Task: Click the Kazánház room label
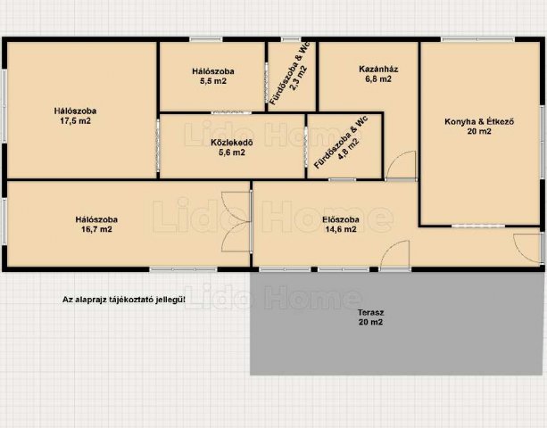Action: pyautogui.click(x=378, y=69)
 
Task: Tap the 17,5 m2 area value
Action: pyautogui.click(x=75, y=121)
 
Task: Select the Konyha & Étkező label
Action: pyautogui.click(x=479, y=121)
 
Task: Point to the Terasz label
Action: pyautogui.click(x=370, y=313)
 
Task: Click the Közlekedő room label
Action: pyautogui.click(x=232, y=143)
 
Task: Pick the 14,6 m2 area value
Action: pyautogui.click(x=341, y=229)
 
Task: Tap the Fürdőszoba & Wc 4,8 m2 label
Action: pyautogui.click(x=341, y=144)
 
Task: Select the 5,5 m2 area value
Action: pyautogui.click(x=211, y=81)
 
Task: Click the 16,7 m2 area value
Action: pyautogui.click(x=96, y=229)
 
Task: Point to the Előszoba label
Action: pyautogui.click(x=341, y=219)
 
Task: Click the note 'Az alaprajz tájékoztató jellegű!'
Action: pyautogui.click(x=124, y=300)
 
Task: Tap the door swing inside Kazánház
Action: pyautogui.click(x=402, y=165)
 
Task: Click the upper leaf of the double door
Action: pyautogui.click(x=236, y=207)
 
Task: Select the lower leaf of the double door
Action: pyautogui.click(x=236, y=237)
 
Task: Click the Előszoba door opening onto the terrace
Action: pyautogui.click(x=394, y=255)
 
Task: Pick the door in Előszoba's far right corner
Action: pyautogui.click(x=528, y=249)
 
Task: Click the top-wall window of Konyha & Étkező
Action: pyautogui.click(x=478, y=39)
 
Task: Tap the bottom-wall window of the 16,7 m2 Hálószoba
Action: pyautogui.click(x=183, y=269)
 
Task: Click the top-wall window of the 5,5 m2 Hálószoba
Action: pyautogui.click(x=206, y=39)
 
